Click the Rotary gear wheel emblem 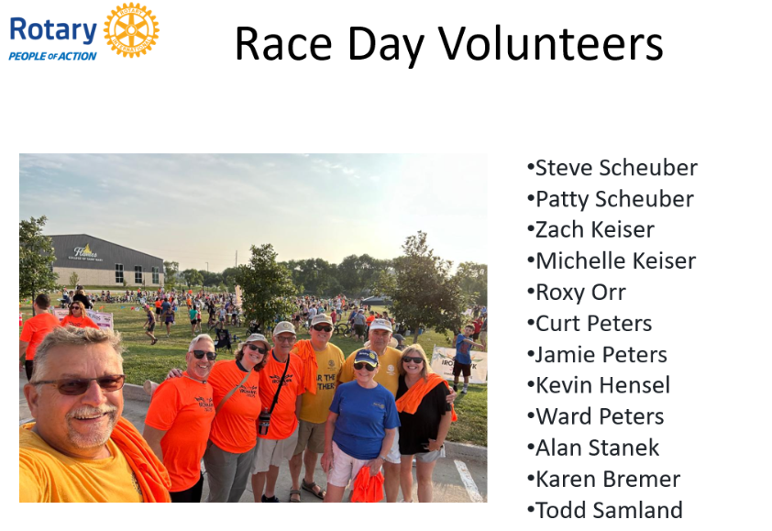(131, 30)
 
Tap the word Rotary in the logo (53, 30)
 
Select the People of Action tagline (52, 56)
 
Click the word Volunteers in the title (550, 44)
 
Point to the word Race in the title (283, 44)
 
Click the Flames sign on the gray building (85, 253)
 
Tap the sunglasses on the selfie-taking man (80, 384)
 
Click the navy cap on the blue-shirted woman (366, 357)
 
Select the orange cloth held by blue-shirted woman (367, 483)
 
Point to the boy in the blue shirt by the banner (464, 357)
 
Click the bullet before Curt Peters (530, 324)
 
